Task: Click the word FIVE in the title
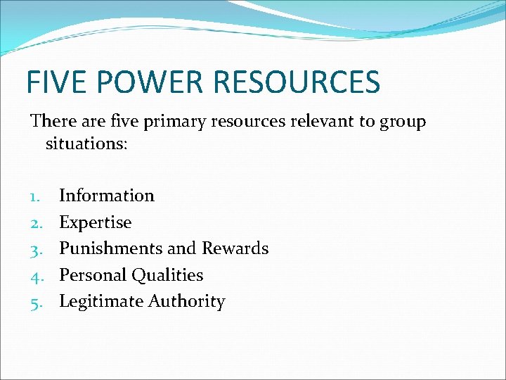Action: (x=54, y=82)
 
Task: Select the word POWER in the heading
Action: (x=147, y=82)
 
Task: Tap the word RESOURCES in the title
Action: (x=295, y=82)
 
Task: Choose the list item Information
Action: (x=106, y=196)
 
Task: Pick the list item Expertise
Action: (x=95, y=223)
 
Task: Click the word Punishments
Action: (x=110, y=248)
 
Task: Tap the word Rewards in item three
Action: (x=235, y=248)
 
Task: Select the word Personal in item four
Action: (x=89, y=275)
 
